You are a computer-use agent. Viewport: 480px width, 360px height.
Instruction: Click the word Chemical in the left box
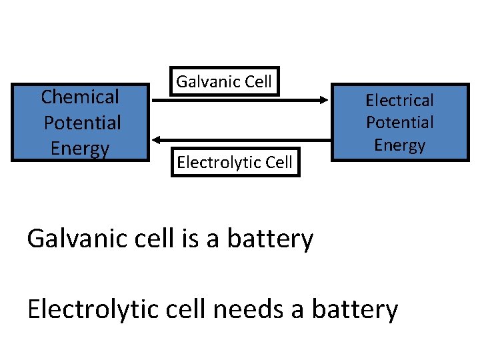[80, 97]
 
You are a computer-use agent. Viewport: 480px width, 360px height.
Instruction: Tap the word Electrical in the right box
[399, 101]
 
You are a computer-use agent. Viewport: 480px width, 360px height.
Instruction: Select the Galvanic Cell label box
[224, 82]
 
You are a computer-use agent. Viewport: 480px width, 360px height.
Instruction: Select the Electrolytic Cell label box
[235, 163]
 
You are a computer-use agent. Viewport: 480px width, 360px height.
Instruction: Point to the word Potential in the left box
[82, 123]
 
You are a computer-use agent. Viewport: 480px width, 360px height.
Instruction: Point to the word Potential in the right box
[399, 123]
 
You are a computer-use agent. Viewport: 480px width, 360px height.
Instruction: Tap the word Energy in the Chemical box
[79, 148]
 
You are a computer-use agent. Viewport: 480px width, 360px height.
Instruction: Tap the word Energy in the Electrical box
[399, 145]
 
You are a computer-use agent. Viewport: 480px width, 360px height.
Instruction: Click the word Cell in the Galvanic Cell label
[258, 82]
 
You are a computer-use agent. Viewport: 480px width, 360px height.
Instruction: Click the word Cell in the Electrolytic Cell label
[279, 163]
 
